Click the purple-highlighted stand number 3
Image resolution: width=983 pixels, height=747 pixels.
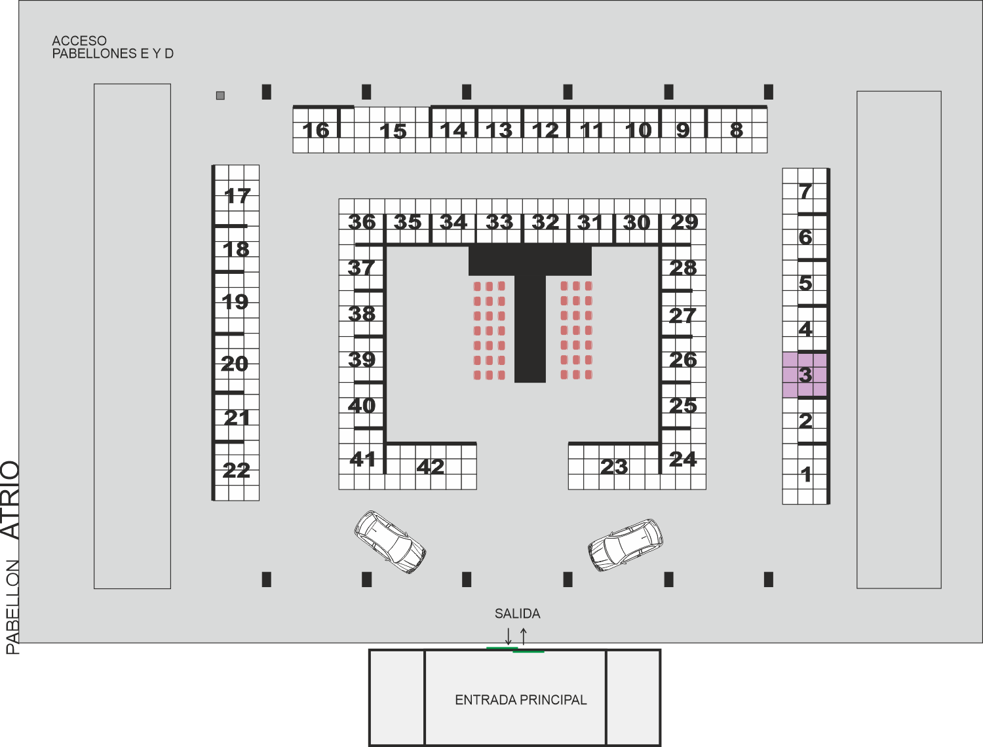point(805,375)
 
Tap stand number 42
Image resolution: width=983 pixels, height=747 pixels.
point(431,467)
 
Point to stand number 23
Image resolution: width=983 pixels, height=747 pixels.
point(614,467)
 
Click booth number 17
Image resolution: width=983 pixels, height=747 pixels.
point(237,196)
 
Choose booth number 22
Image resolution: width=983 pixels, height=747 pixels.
point(237,470)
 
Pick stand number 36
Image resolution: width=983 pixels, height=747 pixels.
point(362,222)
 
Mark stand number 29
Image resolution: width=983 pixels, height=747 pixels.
point(684,222)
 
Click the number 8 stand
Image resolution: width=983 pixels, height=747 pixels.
point(737,130)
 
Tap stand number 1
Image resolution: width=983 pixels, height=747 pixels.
point(805,474)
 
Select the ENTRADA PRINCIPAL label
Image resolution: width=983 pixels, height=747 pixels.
point(521,700)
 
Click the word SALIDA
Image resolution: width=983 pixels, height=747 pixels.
point(517,613)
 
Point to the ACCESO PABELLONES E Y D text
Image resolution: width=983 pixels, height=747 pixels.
point(113,47)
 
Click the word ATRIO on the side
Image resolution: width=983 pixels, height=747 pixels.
point(10,499)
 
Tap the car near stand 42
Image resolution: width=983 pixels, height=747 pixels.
point(390,542)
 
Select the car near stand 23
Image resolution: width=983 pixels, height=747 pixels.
point(625,545)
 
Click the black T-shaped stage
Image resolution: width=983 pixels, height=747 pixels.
point(530,313)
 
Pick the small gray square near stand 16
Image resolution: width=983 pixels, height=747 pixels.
point(220,95)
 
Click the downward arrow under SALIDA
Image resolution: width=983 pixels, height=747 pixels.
point(509,636)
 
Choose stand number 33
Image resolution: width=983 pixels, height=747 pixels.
point(499,222)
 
